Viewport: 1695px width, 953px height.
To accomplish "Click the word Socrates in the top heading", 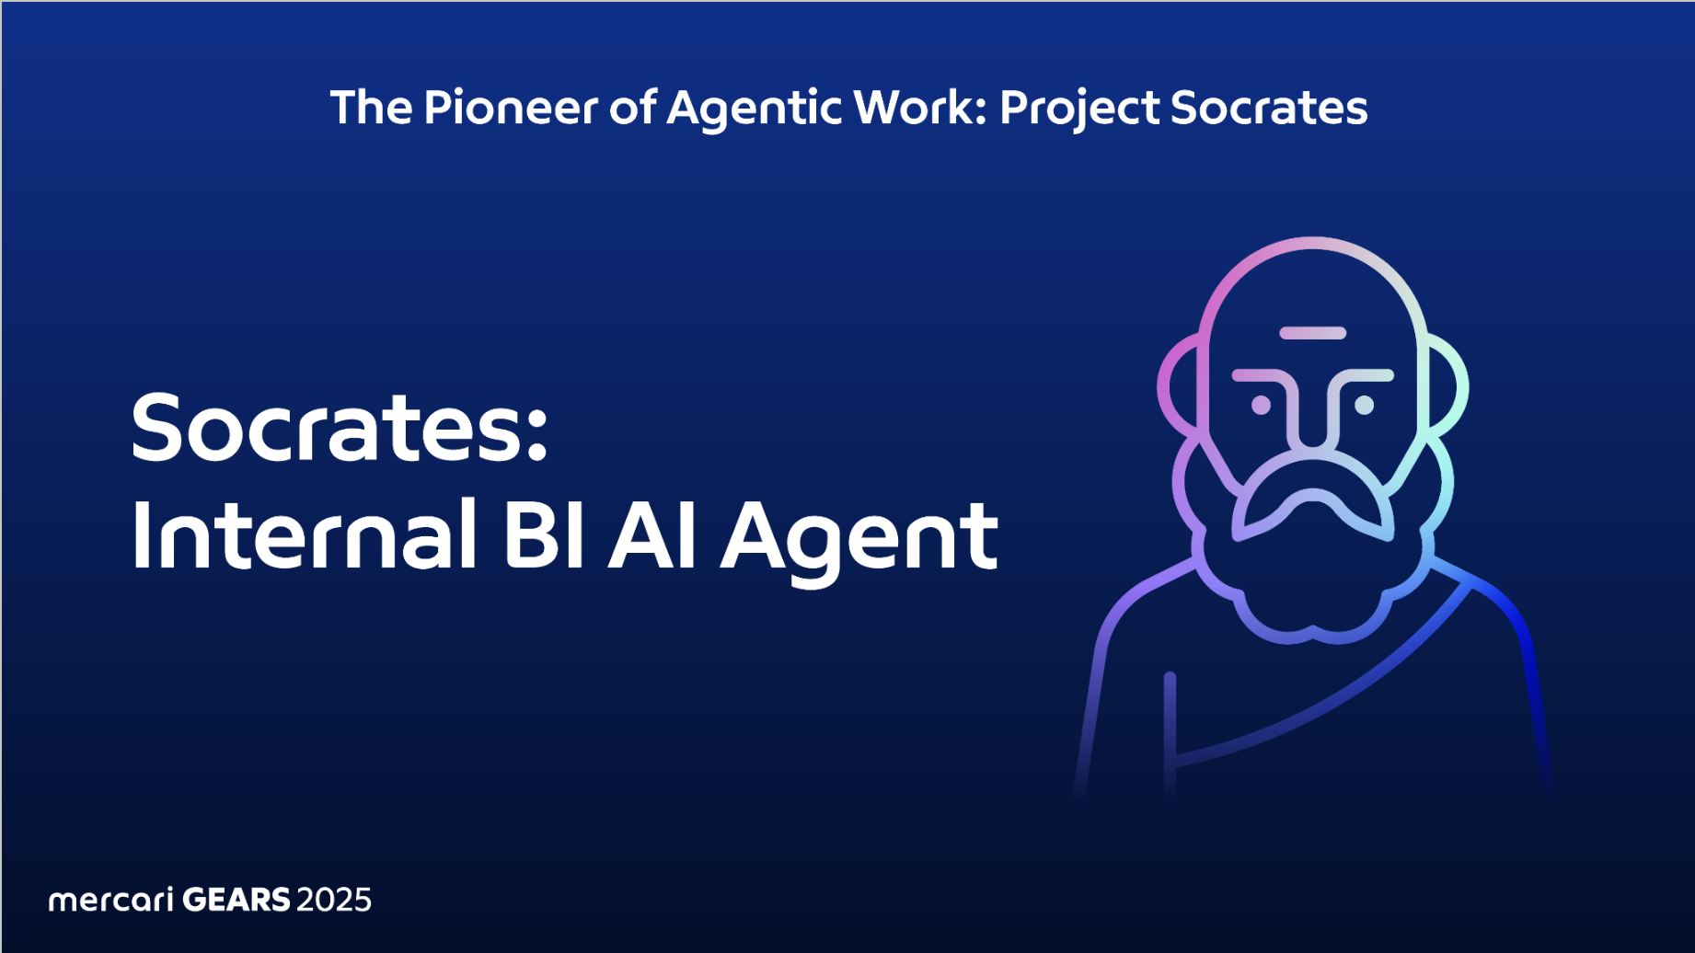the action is [x=1269, y=108].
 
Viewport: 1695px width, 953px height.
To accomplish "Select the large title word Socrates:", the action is [x=340, y=427].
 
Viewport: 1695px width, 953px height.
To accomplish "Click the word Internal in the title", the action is [x=305, y=534].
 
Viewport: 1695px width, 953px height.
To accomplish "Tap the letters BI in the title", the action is [x=544, y=534].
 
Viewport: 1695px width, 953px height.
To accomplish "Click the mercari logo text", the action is [x=110, y=899].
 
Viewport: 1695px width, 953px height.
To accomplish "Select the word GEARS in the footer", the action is [x=236, y=899].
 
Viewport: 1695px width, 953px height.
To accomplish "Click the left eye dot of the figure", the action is [x=1261, y=405].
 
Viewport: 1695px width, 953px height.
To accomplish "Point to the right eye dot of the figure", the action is [x=1365, y=405].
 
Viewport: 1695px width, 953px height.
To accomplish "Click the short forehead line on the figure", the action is [x=1313, y=333].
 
